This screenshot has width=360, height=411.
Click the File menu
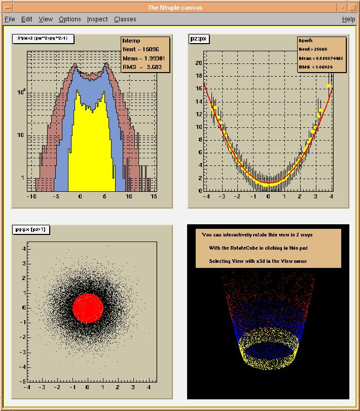(x=10, y=19)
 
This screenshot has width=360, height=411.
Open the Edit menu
(x=27, y=19)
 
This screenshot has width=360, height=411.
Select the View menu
(x=46, y=19)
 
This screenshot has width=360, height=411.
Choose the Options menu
(x=69, y=19)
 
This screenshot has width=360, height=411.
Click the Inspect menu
(x=97, y=19)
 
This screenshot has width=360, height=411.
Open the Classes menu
(x=125, y=19)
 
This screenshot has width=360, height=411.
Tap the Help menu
(x=348, y=19)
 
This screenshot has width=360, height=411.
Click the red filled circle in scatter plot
(x=88, y=308)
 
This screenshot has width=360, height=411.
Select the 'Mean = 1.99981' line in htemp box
(x=144, y=58)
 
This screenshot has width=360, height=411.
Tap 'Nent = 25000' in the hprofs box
(x=313, y=49)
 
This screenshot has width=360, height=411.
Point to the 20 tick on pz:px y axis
(x=199, y=63)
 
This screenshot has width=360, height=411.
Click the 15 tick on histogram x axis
(x=153, y=196)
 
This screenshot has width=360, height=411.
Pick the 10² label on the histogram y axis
(x=21, y=92)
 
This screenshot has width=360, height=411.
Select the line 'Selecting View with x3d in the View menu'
(x=258, y=261)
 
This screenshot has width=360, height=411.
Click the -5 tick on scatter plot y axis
(x=22, y=381)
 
